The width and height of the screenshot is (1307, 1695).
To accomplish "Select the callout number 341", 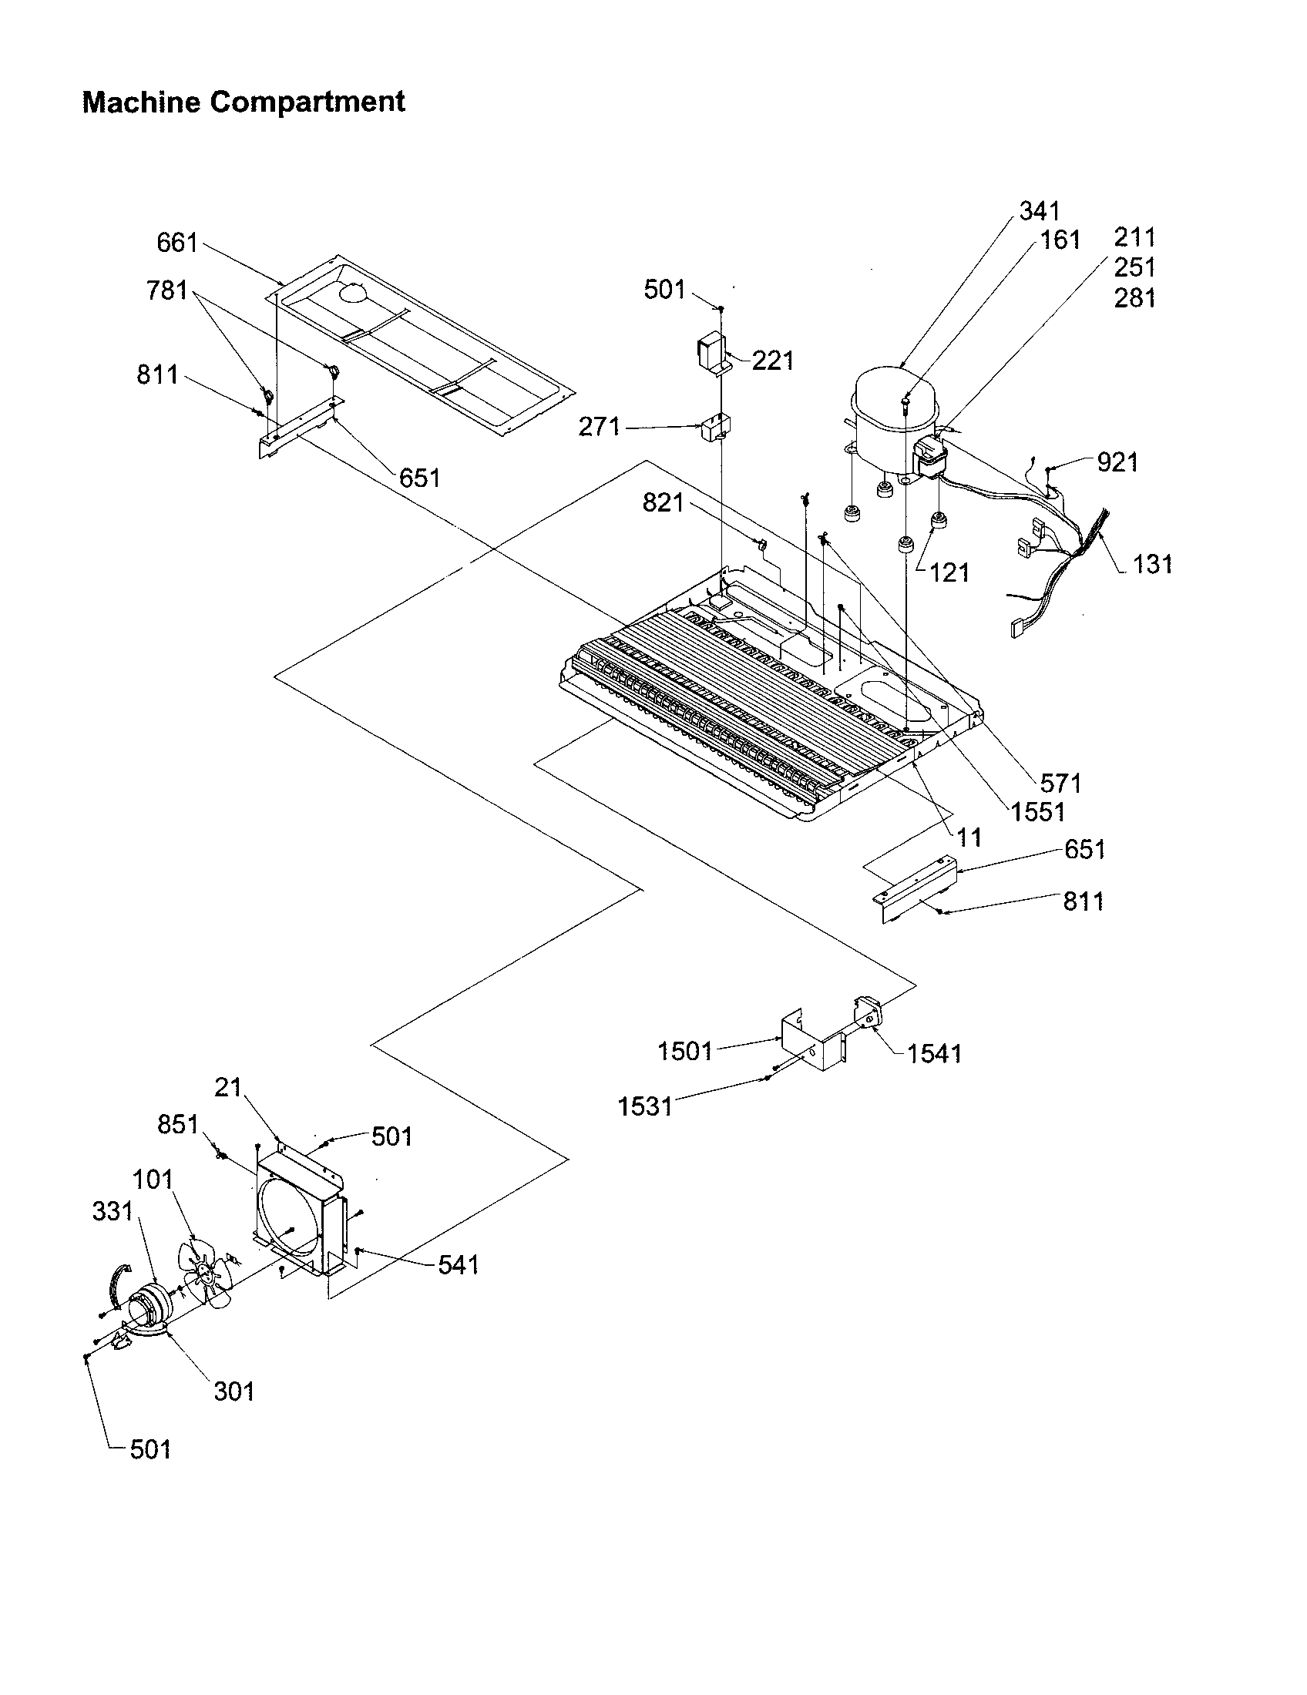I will click(1040, 210).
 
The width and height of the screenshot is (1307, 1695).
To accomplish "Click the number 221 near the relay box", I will click(772, 360).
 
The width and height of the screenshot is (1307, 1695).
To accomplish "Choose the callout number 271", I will click(600, 426).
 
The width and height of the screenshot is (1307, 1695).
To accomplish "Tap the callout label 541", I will click(459, 1265).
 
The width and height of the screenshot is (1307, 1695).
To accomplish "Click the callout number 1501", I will click(684, 1052).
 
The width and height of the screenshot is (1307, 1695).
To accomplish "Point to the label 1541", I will click(934, 1053).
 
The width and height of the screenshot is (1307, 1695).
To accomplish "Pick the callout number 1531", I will click(645, 1106).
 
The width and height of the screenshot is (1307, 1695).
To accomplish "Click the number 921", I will click(1117, 462).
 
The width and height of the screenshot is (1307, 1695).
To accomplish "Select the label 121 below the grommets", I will click(949, 572).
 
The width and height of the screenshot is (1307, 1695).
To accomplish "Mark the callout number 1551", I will click(1038, 812).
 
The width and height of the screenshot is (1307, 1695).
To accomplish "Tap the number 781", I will click(167, 290).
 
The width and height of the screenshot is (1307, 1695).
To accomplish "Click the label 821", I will click(663, 503).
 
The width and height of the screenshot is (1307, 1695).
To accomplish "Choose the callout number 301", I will click(234, 1390).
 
